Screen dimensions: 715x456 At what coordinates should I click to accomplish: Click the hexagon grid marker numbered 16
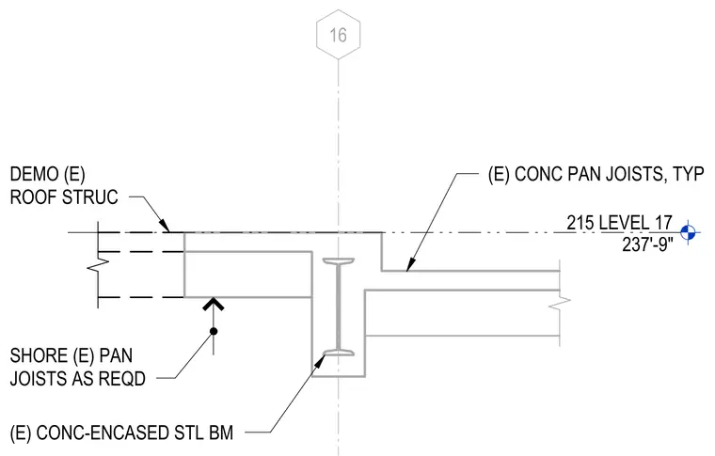click(339, 35)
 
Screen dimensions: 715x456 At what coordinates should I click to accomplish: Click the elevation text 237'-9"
click(647, 245)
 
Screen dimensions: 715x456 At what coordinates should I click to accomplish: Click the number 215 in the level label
click(580, 223)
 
